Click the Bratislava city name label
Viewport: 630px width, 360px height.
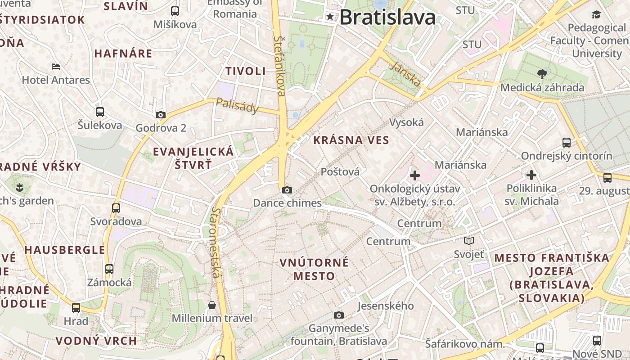coord(387,18)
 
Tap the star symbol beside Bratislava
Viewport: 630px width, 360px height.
coord(331,17)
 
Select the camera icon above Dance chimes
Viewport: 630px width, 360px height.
coord(287,190)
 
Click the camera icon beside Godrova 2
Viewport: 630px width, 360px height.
coord(161,115)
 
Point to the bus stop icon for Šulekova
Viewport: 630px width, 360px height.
coord(100,112)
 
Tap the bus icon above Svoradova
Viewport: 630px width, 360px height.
coord(116,208)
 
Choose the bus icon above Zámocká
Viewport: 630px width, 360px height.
coord(109,269)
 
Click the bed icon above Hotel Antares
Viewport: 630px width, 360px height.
coord(56,67)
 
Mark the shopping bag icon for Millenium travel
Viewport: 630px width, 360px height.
coord(212,306)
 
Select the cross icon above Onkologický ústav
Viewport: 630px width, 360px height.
coord(415,175)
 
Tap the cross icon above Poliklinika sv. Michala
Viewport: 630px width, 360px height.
coord(531,175)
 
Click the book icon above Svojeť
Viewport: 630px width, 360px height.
coord(469,241)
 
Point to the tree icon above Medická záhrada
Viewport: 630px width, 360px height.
coord(542,74)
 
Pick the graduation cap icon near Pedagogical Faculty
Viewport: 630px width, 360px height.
coord(597,14)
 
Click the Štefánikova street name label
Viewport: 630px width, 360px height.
coord(279,66)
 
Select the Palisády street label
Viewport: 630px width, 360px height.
coord(238,105)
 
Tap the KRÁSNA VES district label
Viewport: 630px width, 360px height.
coord(351,140)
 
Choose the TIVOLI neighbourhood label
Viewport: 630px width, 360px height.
coord(246,71)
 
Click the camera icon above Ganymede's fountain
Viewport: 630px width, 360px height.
coord(339,315)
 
